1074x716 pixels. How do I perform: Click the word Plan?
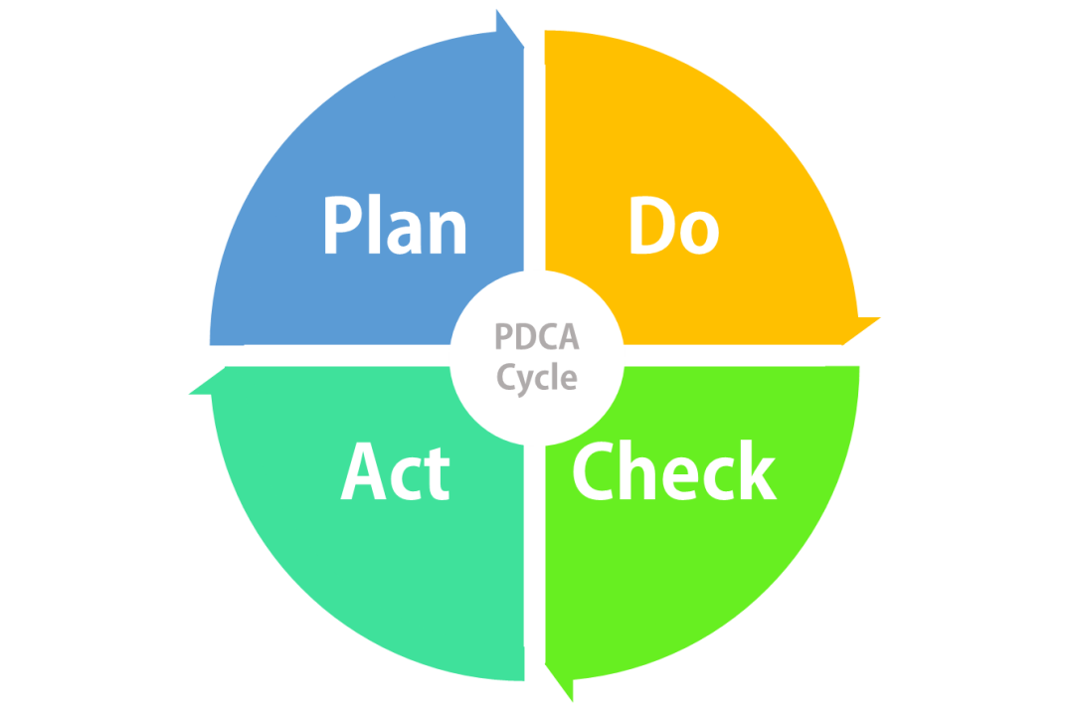(x=395, y=228)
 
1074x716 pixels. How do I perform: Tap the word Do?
(x=673, y=228)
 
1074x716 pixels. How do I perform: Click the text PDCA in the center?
(x=537, y=339)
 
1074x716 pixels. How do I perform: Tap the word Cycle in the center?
(x=537, y=378)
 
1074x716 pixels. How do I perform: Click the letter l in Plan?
(x=373, y=225)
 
